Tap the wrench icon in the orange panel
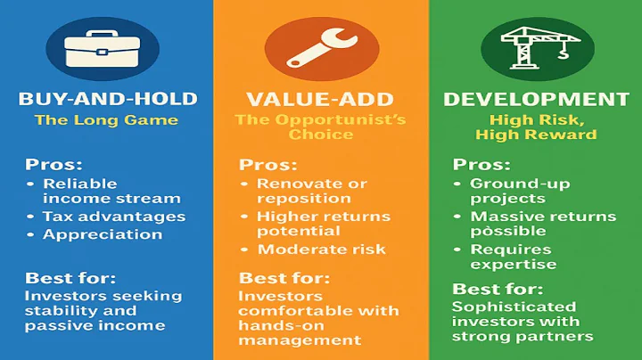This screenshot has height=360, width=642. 320,49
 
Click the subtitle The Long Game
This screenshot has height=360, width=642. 106,119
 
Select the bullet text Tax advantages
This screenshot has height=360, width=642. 113,217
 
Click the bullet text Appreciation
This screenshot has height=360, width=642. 103,235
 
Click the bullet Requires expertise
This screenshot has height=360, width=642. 512,257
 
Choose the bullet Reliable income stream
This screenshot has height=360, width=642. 111,191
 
